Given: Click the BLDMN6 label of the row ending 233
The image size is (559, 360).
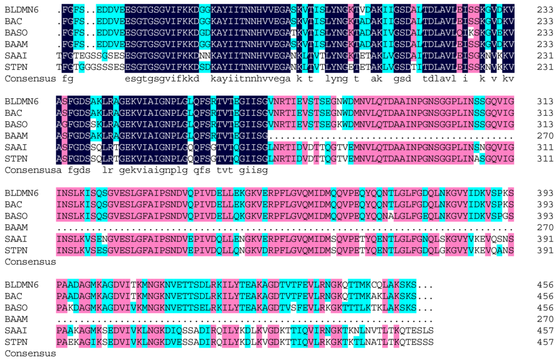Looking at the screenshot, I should pos(22,9).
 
